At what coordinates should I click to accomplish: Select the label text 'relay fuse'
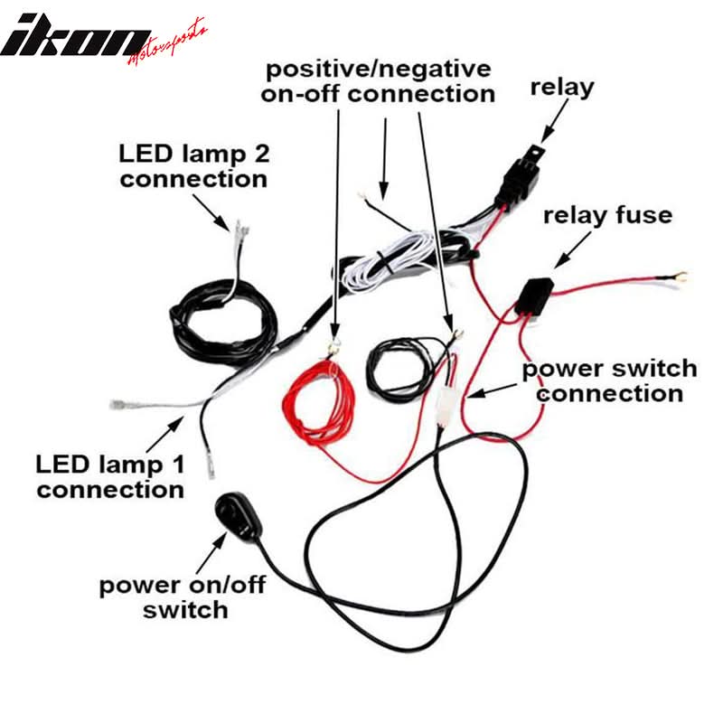coord(619,215)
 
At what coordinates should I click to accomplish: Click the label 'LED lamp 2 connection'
coord(193,164)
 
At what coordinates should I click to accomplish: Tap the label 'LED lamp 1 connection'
coord(110,477)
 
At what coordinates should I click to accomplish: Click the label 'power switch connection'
coord(610,380)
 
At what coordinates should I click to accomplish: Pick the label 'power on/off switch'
coord(183,596)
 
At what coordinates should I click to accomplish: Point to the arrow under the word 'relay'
coord(552,121)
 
